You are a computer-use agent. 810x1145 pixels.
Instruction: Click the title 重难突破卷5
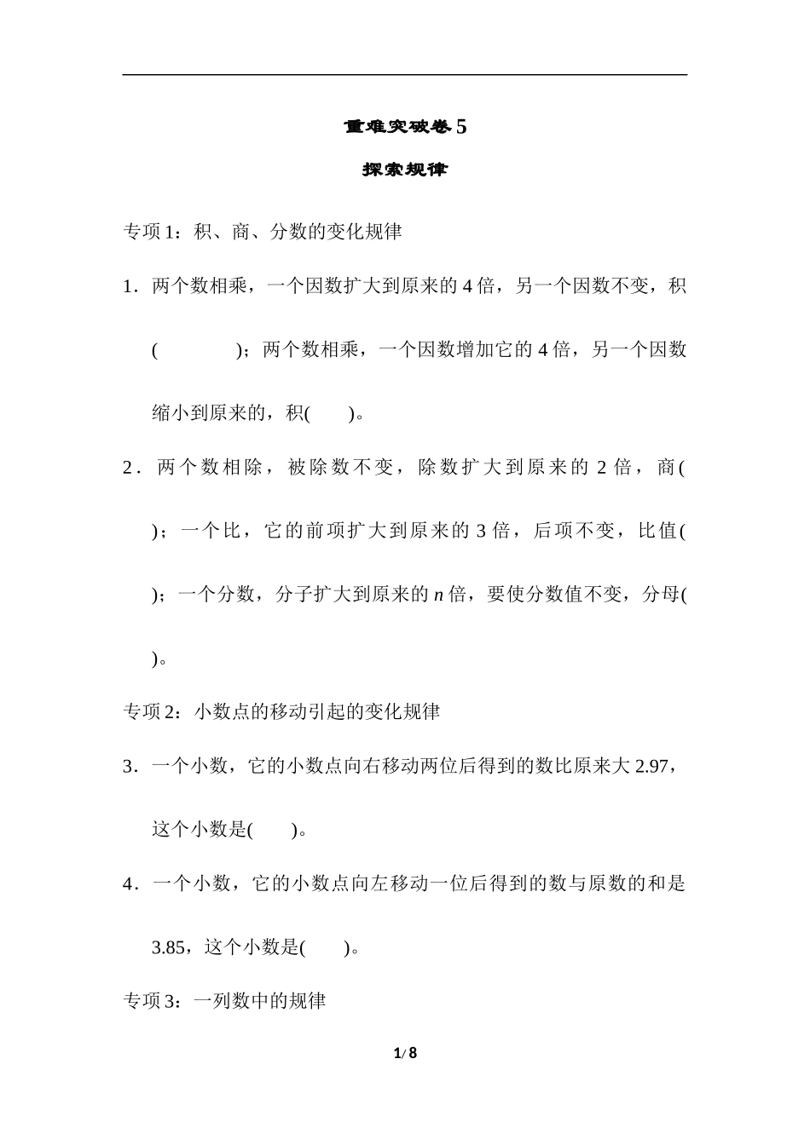(x=405, y=127)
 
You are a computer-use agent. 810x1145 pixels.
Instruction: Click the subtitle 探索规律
(x=405, y=170)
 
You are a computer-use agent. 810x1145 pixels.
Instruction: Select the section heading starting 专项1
(x=263, y=232)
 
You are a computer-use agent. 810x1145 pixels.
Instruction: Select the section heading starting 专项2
(x=281, y=711)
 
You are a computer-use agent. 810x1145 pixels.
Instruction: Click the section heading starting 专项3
(x=225, y=1001)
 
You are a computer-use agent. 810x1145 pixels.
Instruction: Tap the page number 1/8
(x=405, y=1053)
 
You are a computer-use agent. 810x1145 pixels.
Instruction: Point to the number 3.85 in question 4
(x=168, y=947)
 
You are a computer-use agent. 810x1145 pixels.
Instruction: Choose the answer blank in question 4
(x=325, y=947)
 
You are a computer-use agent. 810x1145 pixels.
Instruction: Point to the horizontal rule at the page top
(x=405, y=75)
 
